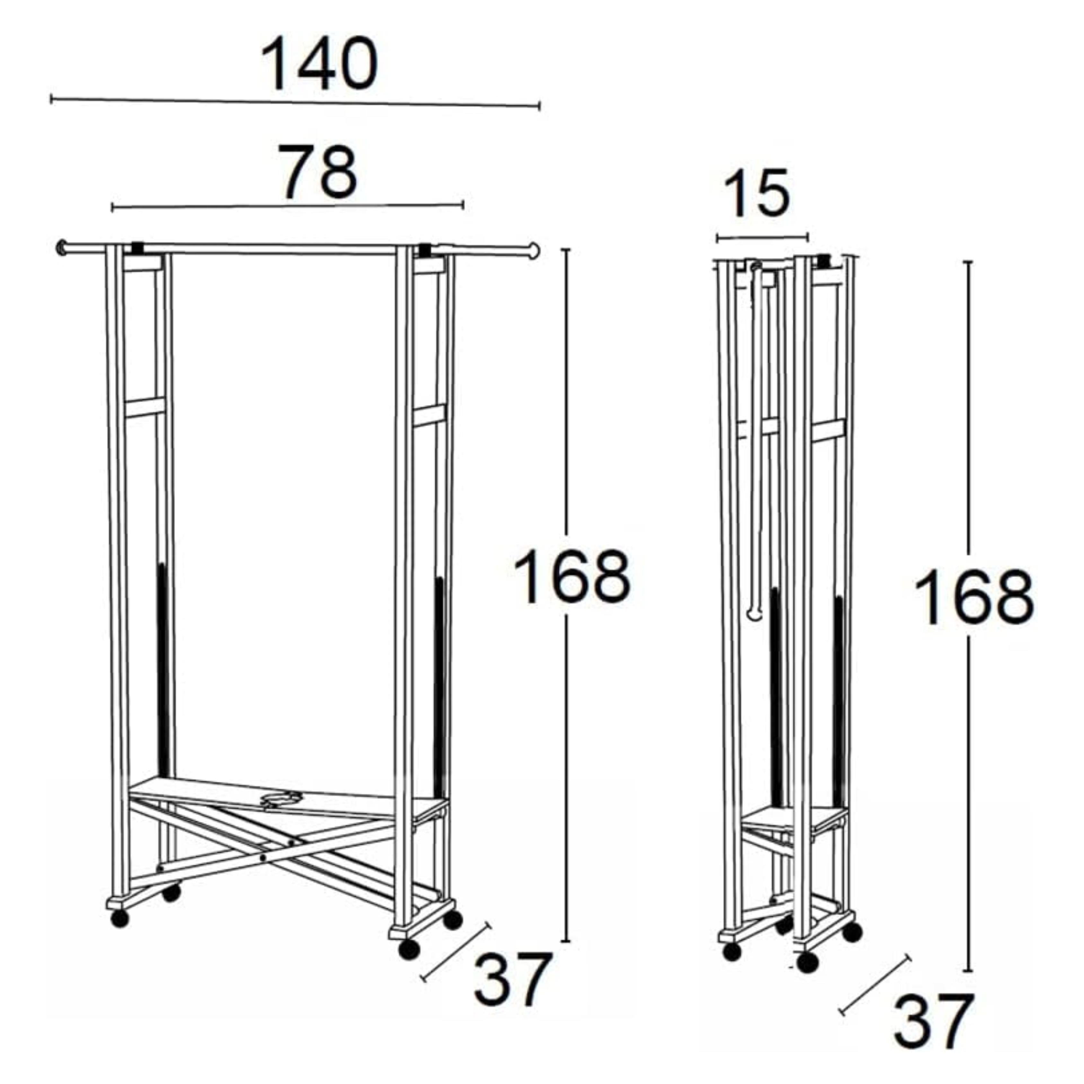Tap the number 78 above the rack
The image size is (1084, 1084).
pyautogui.click(x=318, y=172)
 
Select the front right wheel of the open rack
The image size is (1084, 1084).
pyautogui.click(x=409, y=950)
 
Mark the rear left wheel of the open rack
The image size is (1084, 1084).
pyautogui.click(x=171, y=893)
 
